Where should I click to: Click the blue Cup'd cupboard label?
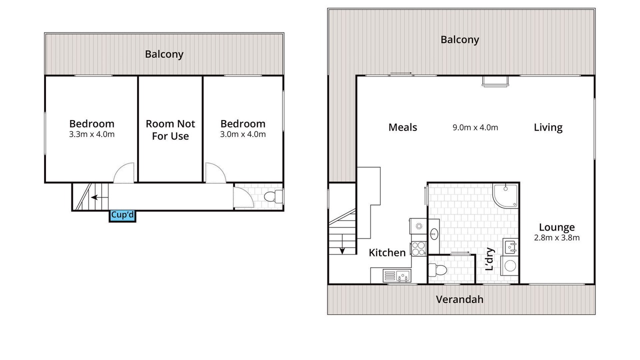click(122, 214)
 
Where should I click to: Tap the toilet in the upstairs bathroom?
click(273, 196)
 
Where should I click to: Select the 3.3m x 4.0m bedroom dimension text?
click(91, 134)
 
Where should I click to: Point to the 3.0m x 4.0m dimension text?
click(243, 134)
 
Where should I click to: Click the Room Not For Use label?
click(170, 130)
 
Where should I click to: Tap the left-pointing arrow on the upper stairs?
click(95, 197)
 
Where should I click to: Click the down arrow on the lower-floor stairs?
click(342, 244)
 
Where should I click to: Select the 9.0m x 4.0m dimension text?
click(475, 127)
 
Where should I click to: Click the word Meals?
click(402, 127)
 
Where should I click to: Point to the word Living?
click(548, 127)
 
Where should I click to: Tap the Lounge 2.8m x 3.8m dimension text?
click(557, 237)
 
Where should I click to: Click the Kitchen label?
click(387, 253)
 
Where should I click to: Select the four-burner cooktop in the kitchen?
click(418, 248)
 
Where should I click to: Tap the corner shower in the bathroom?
click(505, 195)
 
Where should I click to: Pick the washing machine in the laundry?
click(509, 266)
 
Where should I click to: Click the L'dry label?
click(489, 259)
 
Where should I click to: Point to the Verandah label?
click(459, 299)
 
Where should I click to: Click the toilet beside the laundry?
click(437, 270)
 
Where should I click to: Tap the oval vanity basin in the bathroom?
click(434, 234)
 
